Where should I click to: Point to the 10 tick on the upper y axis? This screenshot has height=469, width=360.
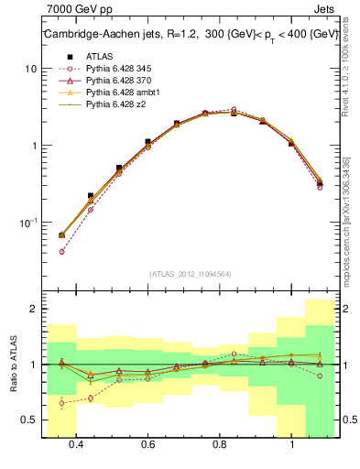point(32,69)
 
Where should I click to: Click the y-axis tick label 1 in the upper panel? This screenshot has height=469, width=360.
point(35,146)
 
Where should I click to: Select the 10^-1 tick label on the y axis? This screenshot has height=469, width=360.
point(29,223)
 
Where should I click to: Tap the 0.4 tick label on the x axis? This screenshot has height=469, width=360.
point(76,444)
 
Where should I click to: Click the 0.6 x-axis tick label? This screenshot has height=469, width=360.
point(147,444)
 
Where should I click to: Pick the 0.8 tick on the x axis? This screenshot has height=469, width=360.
point(220,444)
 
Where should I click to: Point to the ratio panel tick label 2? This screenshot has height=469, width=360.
point(35,310)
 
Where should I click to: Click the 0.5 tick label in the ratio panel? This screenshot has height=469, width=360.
point(30,420)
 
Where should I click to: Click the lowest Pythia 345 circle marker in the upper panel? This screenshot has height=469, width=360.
point(61,251)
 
